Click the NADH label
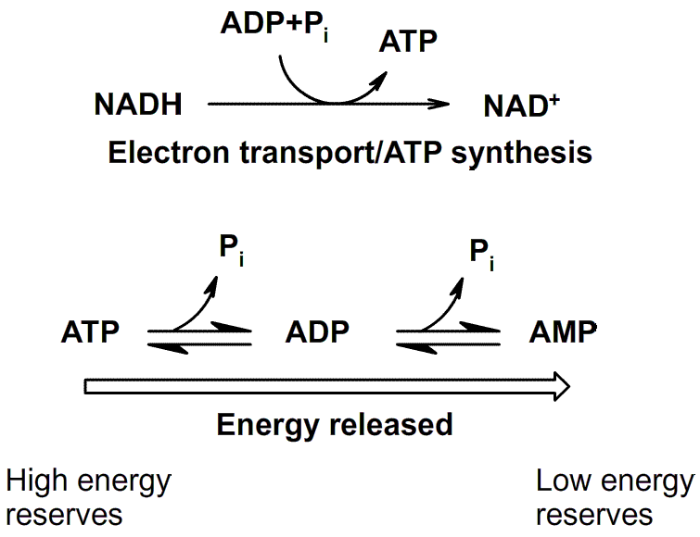click(137, 105)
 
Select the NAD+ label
click(522, 106)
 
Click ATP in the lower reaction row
click(92, 331)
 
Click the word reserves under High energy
click(64, 515)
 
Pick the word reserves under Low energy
click(594, 515)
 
